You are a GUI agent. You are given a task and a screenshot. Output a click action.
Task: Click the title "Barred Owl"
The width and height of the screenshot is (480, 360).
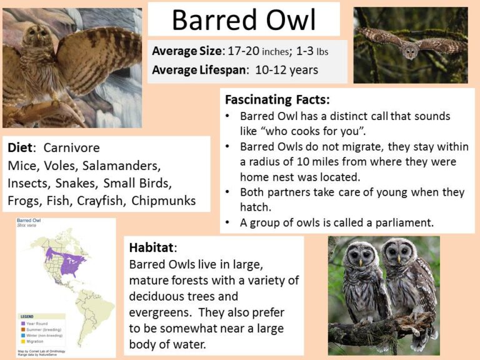coord(244,20)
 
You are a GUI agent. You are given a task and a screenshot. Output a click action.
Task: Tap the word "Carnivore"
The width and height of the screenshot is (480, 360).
coord(72,148)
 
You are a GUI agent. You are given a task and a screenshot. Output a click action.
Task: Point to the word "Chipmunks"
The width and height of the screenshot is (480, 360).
coord(164,201)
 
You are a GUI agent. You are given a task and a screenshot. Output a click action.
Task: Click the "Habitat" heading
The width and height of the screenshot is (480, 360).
coord(151,247)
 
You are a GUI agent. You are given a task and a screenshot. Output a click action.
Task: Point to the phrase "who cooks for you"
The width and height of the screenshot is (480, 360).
coord(310,132)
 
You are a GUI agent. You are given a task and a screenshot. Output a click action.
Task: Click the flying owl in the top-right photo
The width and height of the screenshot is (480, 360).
coord(410,49)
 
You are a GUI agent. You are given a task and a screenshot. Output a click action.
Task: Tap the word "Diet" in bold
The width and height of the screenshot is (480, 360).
coord(22,148)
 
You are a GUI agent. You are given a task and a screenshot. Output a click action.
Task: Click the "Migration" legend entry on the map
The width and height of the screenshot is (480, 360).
coord(34,342)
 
